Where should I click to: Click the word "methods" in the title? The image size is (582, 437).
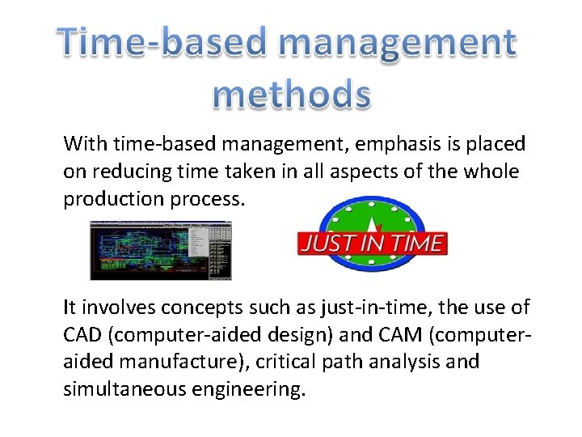292,95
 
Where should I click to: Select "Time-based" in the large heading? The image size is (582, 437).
153,42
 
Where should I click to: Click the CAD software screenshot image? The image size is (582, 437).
160,250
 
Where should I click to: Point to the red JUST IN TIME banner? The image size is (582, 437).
371,244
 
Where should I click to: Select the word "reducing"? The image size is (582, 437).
133,172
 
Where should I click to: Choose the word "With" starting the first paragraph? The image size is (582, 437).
85,145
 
